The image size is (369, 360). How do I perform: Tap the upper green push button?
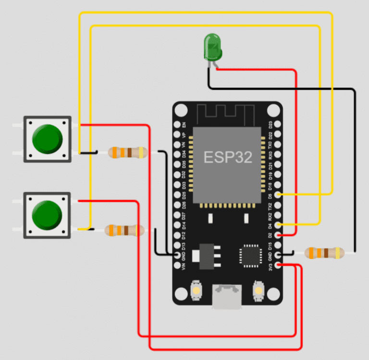point(48,139)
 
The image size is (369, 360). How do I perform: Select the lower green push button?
point(48,215)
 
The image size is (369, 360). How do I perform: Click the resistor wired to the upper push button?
point(127,153)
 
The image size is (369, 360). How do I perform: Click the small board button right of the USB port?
point(258,290)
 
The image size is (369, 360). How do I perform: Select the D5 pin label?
point(271,195)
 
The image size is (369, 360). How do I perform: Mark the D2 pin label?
point(271,235)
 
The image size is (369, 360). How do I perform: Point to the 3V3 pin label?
point(271,265)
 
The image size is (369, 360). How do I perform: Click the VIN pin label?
point(184,265)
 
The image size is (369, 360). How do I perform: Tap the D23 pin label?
point(271,124)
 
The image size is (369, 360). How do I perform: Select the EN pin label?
point(184,124)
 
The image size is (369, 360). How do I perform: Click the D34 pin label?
point(184,154)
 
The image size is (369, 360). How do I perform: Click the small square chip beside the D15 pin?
point(249,255)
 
